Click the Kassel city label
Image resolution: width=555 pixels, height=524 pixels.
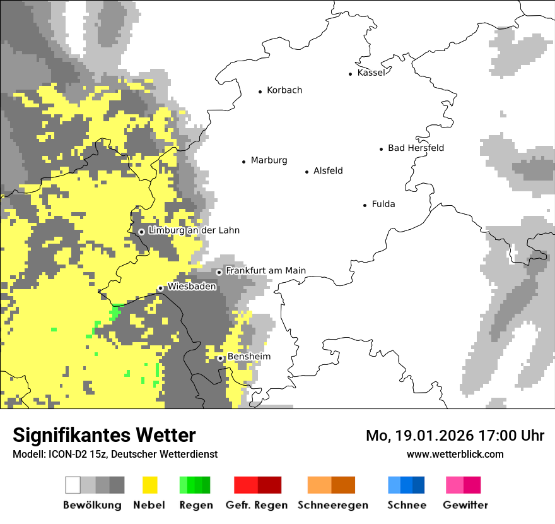[x=371, y=73]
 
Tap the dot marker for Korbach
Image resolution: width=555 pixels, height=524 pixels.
[x=260, y=91]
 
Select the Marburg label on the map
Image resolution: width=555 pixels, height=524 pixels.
[x=269, y=160]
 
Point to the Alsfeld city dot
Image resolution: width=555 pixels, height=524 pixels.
[x=307, y=172]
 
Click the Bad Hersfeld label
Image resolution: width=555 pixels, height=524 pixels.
[x=416, y=148]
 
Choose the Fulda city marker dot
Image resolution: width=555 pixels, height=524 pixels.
[x=365, y=205]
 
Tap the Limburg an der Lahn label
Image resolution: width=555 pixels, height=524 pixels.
[x=194, y=230]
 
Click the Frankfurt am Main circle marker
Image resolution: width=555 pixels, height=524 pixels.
[x=219, y=272]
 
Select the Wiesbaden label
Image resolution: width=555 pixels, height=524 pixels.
[x=192, y=286]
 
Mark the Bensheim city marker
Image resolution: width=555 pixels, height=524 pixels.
[x=220, y=359]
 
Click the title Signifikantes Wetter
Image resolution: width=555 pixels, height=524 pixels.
[x=104, y=435]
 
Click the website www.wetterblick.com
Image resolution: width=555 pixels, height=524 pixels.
[x=455, y=454]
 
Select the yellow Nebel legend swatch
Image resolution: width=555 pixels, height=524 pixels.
[x=150, y=485]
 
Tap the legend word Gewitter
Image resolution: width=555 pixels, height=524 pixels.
[x=465, y=505]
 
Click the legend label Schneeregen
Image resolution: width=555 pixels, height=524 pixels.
[x=332, y=505]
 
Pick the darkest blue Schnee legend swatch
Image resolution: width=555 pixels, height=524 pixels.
[x=419, y=485]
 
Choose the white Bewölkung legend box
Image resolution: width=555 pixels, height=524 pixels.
[x=73, y=485]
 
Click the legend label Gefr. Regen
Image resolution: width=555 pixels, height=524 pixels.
[x=257, y=505]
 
